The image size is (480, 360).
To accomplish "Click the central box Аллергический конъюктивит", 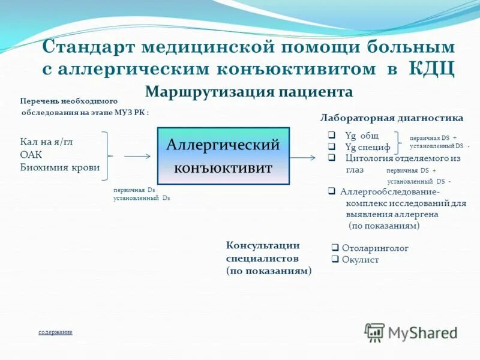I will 223,155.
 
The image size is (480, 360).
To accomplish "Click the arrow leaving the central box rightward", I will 303,157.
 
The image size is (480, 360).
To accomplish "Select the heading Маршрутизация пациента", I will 249,92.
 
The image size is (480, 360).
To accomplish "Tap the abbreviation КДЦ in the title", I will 431,68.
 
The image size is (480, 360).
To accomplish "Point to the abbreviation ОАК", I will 32,155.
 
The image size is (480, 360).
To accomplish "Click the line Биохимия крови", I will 60,167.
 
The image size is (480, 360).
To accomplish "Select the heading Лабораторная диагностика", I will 392,118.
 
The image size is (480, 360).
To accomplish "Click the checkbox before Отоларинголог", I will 336,248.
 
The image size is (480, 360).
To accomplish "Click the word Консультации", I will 263,245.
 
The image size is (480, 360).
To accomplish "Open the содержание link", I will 55,332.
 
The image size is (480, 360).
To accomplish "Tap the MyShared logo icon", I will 375,332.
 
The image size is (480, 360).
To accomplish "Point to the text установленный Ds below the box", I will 142,197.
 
